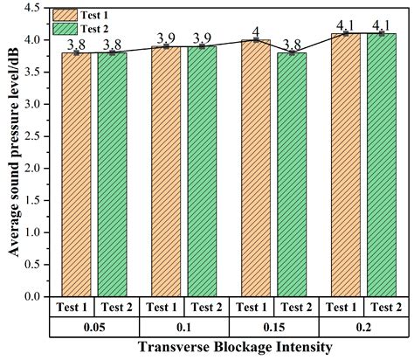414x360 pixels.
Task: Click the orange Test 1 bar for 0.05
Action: coord(76,175)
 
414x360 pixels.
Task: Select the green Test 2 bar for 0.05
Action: coord(117,175)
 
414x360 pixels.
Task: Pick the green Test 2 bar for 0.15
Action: coord(295,175)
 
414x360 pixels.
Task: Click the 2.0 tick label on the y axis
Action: coord(31,169)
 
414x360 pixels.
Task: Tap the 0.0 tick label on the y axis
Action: coord(31,297)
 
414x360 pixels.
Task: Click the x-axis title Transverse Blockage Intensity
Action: coord(231,347)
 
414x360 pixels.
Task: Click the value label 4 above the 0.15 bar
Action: coord(255,31)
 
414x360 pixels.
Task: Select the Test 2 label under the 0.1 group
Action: coord(206,307)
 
